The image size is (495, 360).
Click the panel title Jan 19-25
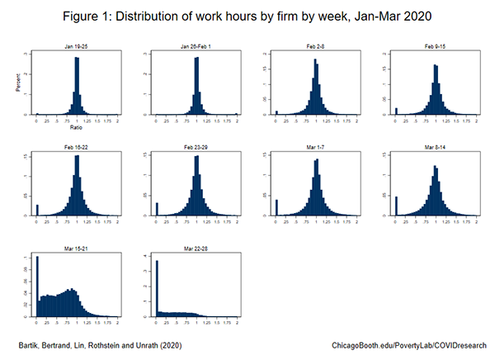tap(77, 45)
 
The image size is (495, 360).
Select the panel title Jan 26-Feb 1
tap(196, 45)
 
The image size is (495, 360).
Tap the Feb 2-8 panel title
tap(317, 45)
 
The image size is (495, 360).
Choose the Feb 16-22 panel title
tap(77, 145)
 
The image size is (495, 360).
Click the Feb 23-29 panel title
tap(196, 145)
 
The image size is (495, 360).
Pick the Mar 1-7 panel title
tap(317, 145)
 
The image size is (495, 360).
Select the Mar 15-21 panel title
tap(77, 245)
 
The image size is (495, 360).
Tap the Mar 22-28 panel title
tap(196, 245)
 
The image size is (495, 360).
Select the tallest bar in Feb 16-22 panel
tap(78, 186)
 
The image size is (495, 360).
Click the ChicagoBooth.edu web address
tap(408, 343)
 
